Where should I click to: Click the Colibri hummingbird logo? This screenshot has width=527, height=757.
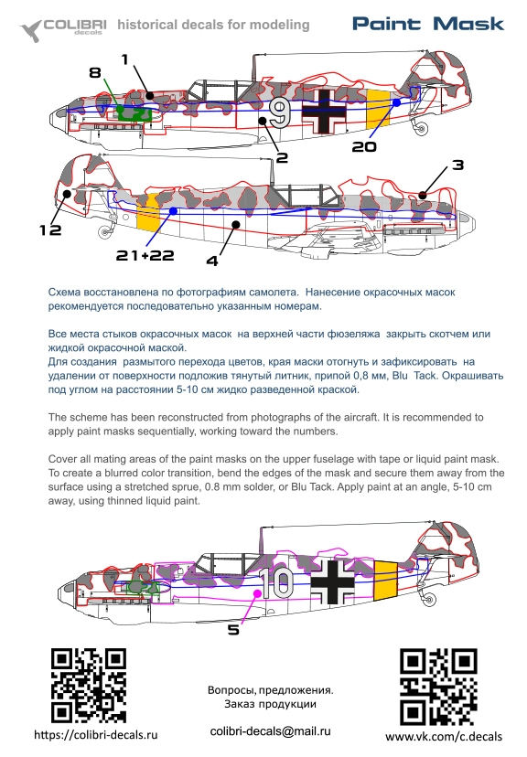click(x=30, y=30)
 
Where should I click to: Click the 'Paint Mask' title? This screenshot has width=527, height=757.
click(x=428, y=24)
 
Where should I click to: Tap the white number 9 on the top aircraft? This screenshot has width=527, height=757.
click(x=280, y=113)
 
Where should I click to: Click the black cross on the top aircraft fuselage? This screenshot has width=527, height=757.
click(x=324, y=112)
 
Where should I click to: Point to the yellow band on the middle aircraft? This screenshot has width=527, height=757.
click(x=148, y=211)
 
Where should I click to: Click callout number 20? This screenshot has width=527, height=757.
click(x=364, y=146)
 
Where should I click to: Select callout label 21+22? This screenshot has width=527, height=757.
click(x=145, y=255)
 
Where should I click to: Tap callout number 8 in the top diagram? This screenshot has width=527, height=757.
click(x=95, y=72)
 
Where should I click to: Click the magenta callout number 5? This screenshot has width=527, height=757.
click(x=233, y=630)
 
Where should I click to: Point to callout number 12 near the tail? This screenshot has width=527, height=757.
click(x=50, y=229)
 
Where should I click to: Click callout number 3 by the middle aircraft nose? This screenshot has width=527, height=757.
click(x=458, y=165)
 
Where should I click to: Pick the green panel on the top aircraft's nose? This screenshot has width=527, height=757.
click(x=134, y=113)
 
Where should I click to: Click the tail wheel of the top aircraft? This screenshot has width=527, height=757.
click(x=422, y=129)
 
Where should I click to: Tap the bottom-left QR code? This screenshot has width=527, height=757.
click(x=89, y=686)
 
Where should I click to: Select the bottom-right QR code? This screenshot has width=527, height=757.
click(x=438, y=687)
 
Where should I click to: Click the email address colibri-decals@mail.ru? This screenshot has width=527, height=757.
click(x=271, y=731)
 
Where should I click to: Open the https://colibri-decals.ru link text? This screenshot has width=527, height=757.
click(x=96, y=735)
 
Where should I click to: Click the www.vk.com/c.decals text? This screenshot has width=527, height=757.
click(x=444, y=737)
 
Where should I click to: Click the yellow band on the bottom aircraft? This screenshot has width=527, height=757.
click(x=385, y=581)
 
